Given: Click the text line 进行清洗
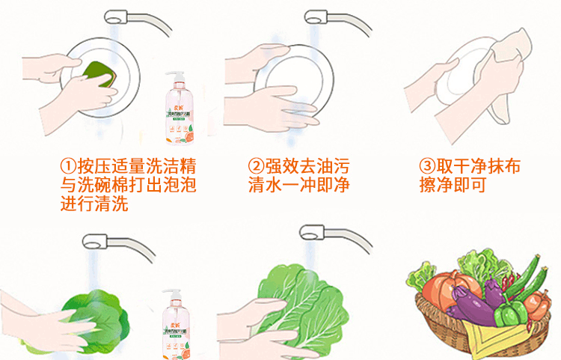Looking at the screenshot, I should tap(94, 204).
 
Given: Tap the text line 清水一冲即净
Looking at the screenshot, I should tap(298, 185).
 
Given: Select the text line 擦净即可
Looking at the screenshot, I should tap(453, 185).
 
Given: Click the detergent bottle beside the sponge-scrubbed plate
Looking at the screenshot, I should tap(180, 109).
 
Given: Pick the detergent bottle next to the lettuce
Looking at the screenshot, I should tap(180, 322).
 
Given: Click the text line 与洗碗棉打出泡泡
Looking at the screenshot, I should tap(128, 185).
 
